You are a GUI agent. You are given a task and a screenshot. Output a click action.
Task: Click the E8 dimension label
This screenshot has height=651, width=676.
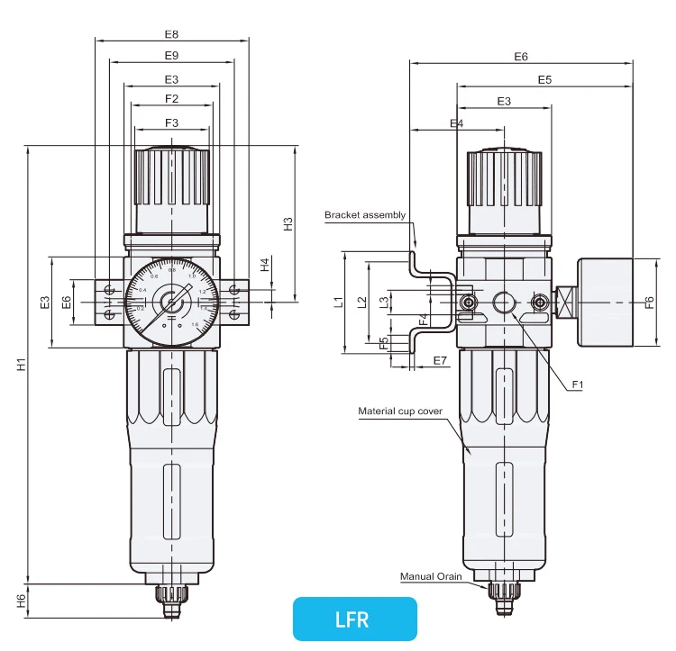coord(171,34)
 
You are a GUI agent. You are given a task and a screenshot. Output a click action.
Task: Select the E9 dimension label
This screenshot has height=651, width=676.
coord(171,56)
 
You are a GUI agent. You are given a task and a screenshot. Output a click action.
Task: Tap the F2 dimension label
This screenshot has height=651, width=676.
coord(171,98)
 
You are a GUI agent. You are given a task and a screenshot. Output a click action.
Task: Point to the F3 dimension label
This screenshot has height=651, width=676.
coord(171,122)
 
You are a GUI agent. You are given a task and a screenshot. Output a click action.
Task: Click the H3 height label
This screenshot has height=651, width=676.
coord(288,223)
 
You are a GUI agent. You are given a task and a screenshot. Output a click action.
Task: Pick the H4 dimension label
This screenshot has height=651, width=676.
coord(264,265)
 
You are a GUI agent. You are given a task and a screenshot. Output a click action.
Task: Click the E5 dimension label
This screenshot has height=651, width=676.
coord(544,80)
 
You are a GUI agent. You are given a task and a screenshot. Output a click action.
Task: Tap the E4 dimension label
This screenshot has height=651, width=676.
coord(456,123)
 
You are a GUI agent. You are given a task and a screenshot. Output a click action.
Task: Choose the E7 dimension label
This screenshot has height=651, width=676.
coord(440,361)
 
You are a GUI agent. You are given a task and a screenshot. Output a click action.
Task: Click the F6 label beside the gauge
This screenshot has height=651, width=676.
coord(649,303)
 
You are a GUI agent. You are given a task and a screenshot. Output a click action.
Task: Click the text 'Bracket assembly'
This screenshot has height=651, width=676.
coord(365,215)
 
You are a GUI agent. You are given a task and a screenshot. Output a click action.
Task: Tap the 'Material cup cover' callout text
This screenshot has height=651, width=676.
coord(400,411)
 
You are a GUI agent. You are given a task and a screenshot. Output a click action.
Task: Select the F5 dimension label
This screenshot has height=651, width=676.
coord(383,343)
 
